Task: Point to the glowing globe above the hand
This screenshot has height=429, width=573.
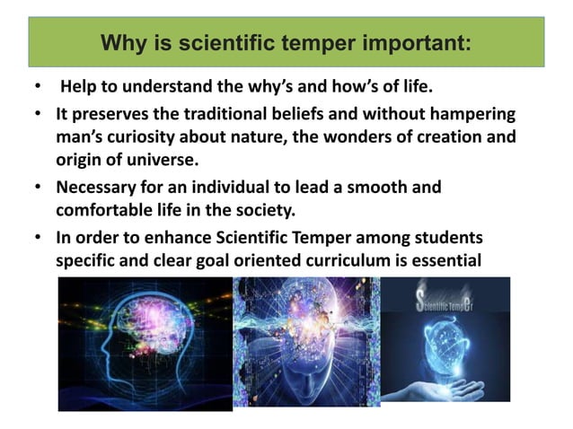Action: (449, 351)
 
